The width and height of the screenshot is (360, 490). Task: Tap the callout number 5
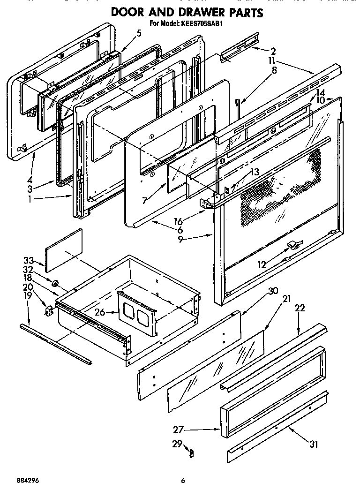(139, 33)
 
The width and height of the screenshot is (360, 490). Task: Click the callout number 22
(300, 308)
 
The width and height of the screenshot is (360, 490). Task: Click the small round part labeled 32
(55, 283)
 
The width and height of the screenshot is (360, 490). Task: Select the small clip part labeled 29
(191, 452)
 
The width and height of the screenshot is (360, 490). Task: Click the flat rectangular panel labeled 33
(64, 249)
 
